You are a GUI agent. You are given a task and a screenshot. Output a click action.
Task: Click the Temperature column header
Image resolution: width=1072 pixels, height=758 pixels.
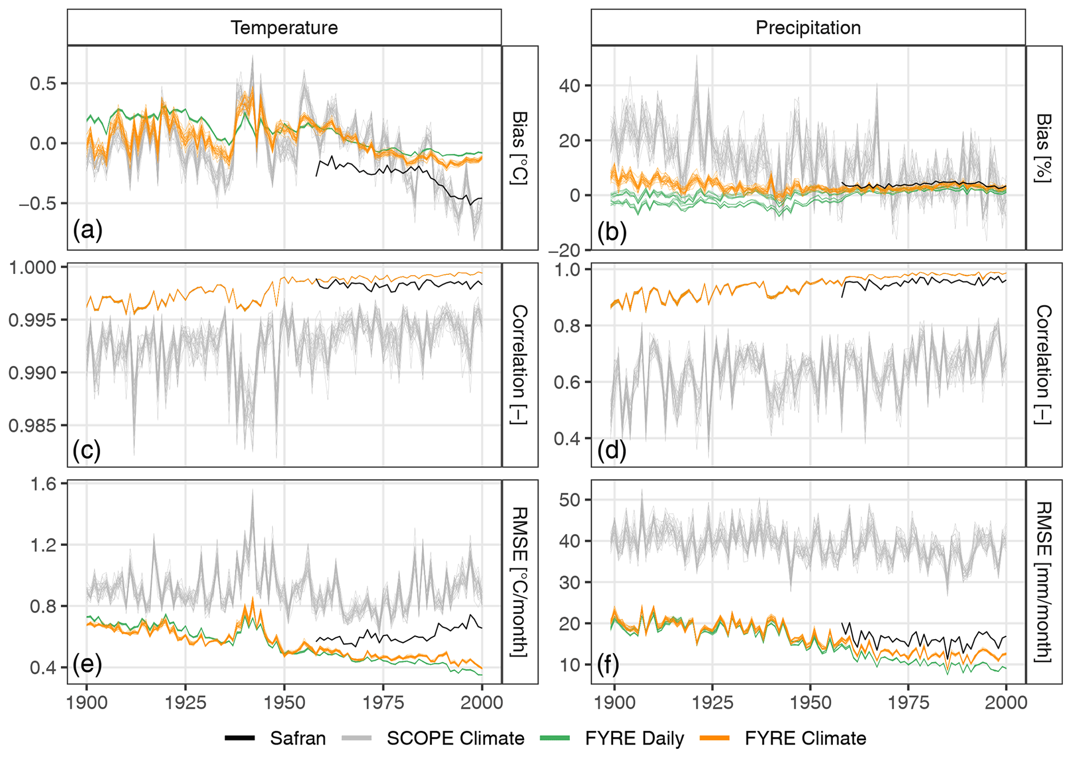click(x=284, y=27)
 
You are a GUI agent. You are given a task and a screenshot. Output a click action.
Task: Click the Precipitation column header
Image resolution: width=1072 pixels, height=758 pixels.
click(x=808, y=27)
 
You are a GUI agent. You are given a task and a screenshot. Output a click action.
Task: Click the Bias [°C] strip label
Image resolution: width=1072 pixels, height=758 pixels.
click(x=520, y=148)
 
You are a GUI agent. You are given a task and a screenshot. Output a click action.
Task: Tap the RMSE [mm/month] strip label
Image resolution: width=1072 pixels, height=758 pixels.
click(x=1044, y=582)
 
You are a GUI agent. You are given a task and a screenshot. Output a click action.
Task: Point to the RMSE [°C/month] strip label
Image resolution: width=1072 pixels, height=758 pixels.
click(x=520, y=582)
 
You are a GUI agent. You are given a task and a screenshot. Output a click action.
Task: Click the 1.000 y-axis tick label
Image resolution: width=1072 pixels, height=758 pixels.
click(x=32, y=268)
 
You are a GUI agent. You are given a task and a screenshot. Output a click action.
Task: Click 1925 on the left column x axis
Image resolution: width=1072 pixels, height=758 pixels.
click(x=185, y=703)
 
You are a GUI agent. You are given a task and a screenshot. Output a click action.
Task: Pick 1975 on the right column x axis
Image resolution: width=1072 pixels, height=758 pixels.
click(x=908, y=703)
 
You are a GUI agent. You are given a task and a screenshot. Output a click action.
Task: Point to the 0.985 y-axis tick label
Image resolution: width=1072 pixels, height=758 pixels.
click(x=32, y=426)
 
